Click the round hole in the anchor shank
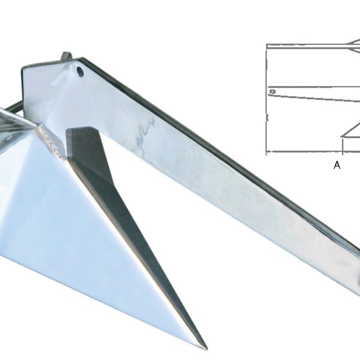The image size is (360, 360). (80, 71)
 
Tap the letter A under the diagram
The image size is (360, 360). (337, 165)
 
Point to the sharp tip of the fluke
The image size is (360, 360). (206, 349)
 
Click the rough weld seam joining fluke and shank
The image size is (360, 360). (51, 140)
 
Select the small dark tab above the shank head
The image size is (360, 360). (67, 56)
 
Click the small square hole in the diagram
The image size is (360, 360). (272, 92)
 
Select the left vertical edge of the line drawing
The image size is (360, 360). (266, 99)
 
